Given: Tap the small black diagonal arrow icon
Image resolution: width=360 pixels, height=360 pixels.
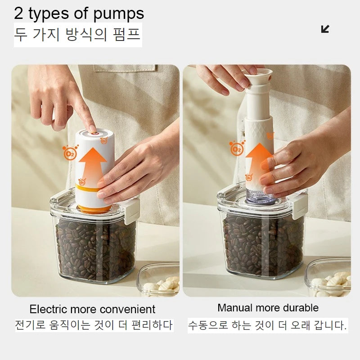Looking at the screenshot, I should click(325, 29).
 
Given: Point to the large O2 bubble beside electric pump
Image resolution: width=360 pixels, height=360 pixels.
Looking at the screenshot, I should click(70, 153).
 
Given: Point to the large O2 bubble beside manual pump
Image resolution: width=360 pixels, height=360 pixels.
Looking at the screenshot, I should click(237, 148).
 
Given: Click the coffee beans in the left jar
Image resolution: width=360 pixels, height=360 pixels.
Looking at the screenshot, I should click(94, 247).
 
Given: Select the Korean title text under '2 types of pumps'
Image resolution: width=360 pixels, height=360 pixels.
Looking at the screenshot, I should click(77, 35).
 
